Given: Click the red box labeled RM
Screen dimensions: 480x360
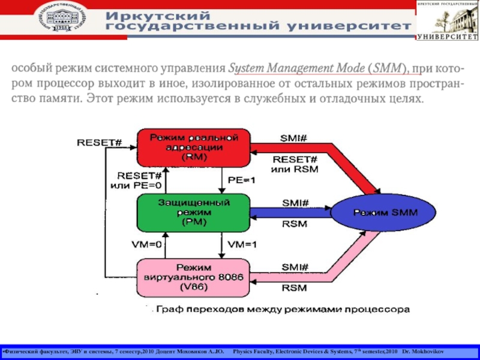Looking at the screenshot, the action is coord(193,148).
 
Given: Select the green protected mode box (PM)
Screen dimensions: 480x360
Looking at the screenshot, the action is coord(193,212).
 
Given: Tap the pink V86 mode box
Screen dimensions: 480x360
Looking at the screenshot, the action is coord(193,277).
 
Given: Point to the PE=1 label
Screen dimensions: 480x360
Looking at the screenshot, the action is coord(241,179).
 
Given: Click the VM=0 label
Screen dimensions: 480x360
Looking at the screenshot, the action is coord(146,244).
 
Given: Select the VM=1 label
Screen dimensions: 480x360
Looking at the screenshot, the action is coord(242,244).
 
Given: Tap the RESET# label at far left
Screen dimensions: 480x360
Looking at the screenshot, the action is coord(99,143).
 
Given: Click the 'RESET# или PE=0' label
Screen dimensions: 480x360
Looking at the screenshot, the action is coord(136,180).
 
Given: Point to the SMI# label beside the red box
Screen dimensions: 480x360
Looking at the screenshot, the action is coord(294,139).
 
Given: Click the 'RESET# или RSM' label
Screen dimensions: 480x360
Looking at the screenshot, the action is coord(295,164).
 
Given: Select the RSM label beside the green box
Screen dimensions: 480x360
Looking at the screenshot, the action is coord(294,224).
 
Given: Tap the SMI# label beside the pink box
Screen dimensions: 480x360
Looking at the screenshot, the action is coord(294,266).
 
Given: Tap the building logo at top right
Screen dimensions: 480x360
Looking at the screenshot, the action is coord(448,20).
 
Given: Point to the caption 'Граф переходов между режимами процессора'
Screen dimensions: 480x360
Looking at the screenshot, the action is coord(281,310).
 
